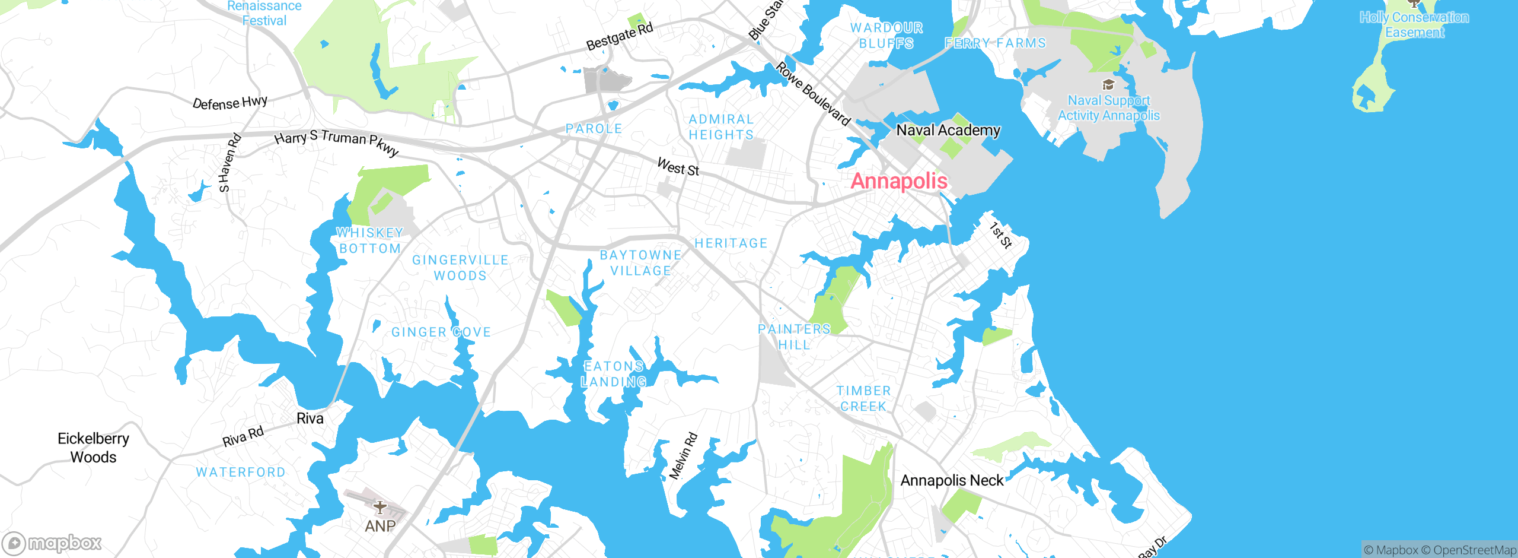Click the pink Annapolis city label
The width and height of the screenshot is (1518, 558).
[898, 181]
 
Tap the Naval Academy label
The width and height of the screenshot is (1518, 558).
[948, 130]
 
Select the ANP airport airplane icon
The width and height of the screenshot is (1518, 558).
[380, 508]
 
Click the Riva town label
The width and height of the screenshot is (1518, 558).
[310, 418]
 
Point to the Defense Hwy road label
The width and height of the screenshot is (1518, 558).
[230, 103]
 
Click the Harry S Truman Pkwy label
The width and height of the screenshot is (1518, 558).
[336, 142]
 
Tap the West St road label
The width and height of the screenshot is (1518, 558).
[678, 167]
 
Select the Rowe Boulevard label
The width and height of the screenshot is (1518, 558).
[813, 94]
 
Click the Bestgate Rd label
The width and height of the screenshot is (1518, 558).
[620, 36]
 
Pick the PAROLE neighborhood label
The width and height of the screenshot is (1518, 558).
[594, 129]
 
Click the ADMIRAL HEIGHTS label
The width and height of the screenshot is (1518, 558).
[721, 127]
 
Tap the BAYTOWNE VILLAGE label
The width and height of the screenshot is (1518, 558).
[640, 263]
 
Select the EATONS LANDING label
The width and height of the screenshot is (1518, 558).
[614, 374]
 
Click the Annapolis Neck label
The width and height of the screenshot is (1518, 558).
[952, 480]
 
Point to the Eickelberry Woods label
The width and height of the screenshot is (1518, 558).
[93, 448]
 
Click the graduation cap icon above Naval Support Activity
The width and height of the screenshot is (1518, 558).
[1108, 85]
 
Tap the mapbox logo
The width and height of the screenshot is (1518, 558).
[52, 543]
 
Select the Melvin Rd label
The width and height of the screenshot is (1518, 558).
[683, 456]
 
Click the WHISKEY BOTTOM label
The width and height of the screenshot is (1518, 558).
[369, 240]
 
